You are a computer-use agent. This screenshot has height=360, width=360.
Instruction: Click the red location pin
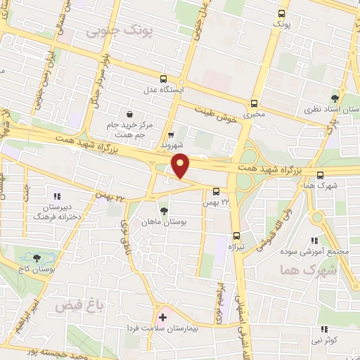(181, 165)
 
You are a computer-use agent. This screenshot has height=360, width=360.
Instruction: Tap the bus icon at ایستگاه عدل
(164, 79)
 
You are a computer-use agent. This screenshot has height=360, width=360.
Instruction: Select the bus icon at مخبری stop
(254, 102)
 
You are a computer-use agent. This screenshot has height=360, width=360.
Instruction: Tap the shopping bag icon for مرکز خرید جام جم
(129, 115)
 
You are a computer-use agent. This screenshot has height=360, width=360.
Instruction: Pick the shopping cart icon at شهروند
(172, 135)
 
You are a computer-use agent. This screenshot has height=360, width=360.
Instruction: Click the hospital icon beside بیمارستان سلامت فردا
(163, 317)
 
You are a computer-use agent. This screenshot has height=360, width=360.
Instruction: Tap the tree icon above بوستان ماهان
(164, 210)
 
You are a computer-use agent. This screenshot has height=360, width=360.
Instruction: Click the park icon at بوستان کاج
(37, 258)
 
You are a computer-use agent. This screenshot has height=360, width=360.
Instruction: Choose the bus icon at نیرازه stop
(236, 237)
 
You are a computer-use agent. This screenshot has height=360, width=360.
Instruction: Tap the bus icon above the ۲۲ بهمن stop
(215, 191)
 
